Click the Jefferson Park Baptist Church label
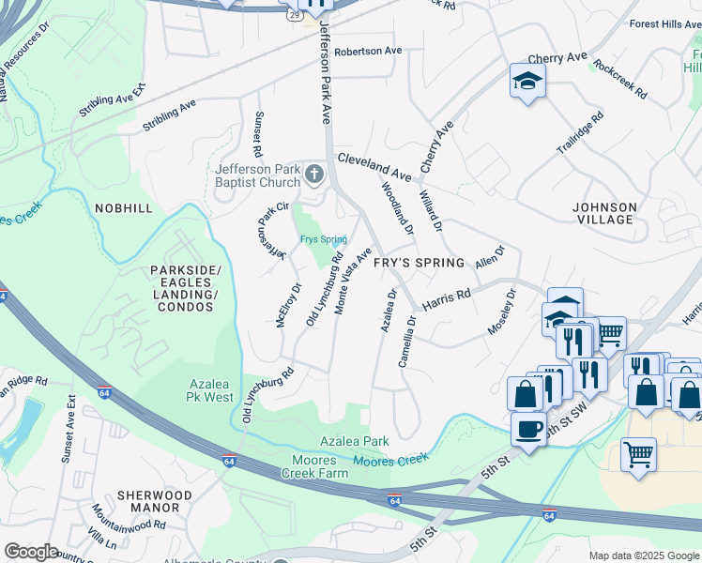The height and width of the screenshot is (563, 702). tap(255, 176)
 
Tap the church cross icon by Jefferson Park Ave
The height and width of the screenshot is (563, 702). tap(313, 175)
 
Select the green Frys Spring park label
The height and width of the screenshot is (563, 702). tap(323, 239)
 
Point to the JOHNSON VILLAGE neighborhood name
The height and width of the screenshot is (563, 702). tap(604, 213)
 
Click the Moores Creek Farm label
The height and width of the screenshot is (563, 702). tap(314, 467)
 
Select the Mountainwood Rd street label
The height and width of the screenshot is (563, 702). tap(129, 523)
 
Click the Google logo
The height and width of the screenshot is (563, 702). tap(31, 552)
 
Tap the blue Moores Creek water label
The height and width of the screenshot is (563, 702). tap(389, 459)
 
